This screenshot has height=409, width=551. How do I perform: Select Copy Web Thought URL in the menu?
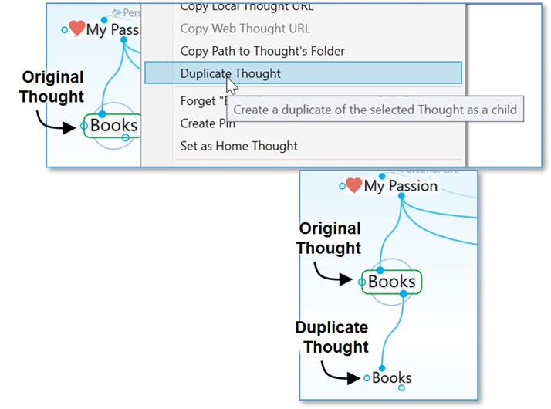pos(245,29)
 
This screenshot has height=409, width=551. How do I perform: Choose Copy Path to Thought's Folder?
pos(262,51)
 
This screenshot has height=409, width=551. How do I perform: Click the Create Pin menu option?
pos(208,123)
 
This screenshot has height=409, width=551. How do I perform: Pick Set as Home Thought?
pos(238,146)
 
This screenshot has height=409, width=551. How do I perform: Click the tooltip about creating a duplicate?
pos(375,109)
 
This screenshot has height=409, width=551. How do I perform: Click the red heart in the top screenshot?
pos(76,29)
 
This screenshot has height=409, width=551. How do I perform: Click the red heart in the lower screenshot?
pos(353,185)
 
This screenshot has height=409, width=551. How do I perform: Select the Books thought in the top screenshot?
pos(113,125)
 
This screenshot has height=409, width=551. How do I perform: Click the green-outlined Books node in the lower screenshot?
pos(391,282)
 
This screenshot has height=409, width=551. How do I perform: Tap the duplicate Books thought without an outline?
pos(391,378)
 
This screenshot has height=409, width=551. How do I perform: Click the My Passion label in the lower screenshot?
pos(401,186)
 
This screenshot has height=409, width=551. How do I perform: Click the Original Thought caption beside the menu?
pos(52,87)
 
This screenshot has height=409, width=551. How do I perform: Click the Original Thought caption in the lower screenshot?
pos(330,238)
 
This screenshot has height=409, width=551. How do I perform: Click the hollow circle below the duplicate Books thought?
pos(401,387)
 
